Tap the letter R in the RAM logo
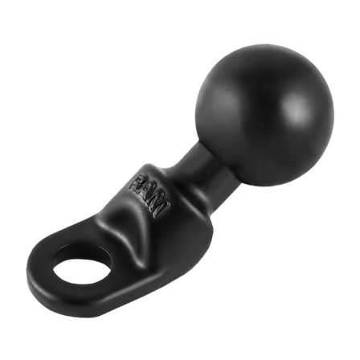[137, 183]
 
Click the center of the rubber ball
[264, 115]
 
